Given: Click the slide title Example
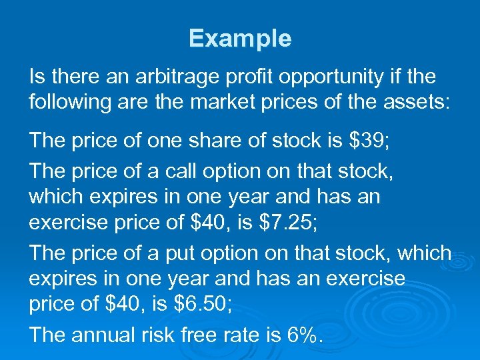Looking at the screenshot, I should (240, 39).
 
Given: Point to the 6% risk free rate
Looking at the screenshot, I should (304, 335).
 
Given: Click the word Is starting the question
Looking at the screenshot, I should (36, 77).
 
